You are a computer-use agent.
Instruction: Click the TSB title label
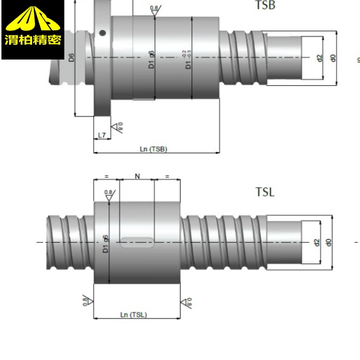click(266, 6)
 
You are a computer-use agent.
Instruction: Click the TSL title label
click(264, 192)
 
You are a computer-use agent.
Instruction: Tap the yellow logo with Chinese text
click(33, 30)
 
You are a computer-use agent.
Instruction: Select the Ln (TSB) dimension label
click(153, 149)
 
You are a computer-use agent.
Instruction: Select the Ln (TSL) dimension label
click(133, 315)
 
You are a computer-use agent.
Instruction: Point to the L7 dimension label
click(101, 136)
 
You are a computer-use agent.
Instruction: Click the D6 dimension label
click(71, 58)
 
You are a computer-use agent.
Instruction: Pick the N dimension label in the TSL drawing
click(137, 177)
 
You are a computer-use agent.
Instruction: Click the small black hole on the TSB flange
click(102, 33)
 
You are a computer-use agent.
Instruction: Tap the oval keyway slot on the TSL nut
click(137, 242)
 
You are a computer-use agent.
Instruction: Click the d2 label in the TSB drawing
click(319, 58)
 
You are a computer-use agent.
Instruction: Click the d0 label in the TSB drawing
click(332, 58)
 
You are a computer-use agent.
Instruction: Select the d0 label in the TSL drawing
click(328, 242)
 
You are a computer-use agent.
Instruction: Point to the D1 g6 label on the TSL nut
click(106, 243)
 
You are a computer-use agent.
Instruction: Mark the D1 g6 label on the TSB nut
click(151, 60)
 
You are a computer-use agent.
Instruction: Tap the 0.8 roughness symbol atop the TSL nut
click(109, 194)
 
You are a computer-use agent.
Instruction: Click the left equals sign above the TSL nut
click(107, 177)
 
